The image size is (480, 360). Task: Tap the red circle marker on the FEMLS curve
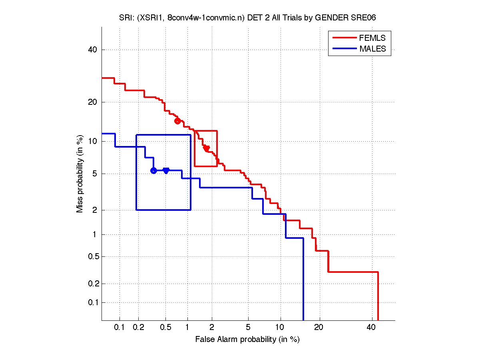click(177, 121)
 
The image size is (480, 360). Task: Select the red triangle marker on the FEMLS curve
click(206, 148)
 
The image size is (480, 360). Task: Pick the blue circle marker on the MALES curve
click(153, 170)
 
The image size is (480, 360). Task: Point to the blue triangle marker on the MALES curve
click(166, 170)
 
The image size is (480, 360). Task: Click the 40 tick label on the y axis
click(93, 50)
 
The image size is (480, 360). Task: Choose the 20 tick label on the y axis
click(93, 102)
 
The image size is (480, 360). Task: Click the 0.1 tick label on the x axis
click(120, 328)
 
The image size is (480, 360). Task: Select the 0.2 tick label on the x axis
click(139, 328)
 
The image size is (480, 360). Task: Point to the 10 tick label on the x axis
click(281, 328)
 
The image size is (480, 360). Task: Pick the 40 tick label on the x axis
click(371, 328)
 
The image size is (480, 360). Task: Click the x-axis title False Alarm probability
click(247, 340)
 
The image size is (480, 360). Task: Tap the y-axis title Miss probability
click(80, 173)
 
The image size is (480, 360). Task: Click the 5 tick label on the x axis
click(248, 328)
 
